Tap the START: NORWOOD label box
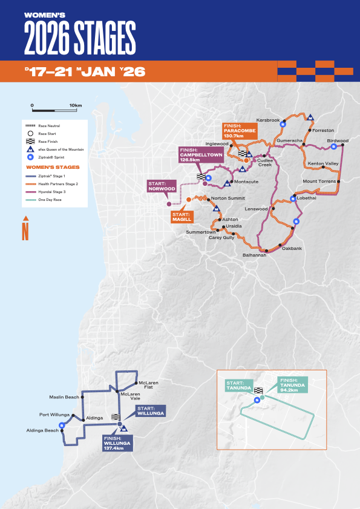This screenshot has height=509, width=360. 162,185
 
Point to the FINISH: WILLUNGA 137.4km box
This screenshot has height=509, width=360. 117,443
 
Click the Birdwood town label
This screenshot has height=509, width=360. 338,140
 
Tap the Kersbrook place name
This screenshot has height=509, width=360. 268,120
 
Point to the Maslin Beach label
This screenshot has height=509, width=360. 64,397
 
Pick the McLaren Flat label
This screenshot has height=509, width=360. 149,385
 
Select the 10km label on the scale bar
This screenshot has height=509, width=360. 76,105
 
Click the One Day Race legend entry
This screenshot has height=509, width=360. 51,199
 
